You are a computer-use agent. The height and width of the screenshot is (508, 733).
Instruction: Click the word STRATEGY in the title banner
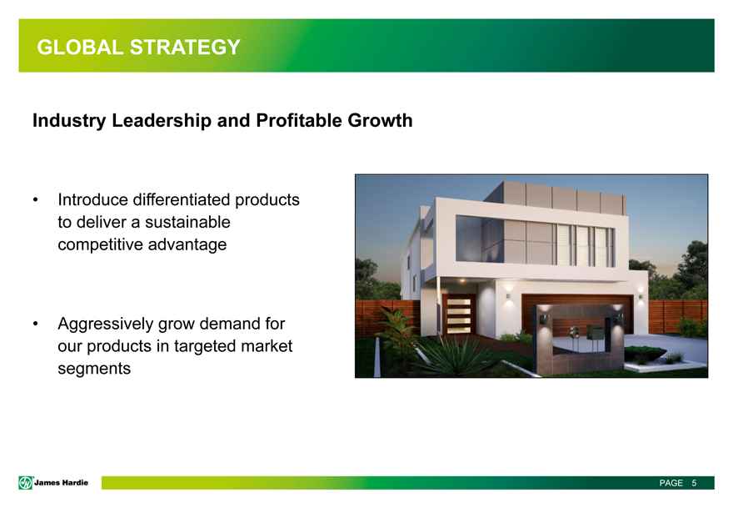[185, 48]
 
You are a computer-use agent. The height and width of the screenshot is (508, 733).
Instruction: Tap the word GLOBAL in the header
[80, 48]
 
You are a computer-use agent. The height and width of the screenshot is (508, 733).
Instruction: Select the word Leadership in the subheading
[162, 121]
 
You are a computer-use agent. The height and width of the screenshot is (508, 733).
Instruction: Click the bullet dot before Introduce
[36, 200]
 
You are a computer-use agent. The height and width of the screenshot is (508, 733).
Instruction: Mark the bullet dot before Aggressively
[36, 324]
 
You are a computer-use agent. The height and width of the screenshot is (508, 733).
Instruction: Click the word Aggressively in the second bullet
[106, 324]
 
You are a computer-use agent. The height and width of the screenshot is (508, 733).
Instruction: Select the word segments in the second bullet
[94, 369]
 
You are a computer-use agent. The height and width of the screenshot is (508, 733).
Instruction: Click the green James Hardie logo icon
[25, 483]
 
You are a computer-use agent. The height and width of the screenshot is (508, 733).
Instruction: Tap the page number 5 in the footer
[694, 483]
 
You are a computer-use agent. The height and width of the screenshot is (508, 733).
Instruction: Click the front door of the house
[459, 314]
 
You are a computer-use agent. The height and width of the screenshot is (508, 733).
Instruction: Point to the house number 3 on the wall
[576, 333]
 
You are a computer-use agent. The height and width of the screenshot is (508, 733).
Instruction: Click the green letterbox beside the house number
[596, 333]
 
